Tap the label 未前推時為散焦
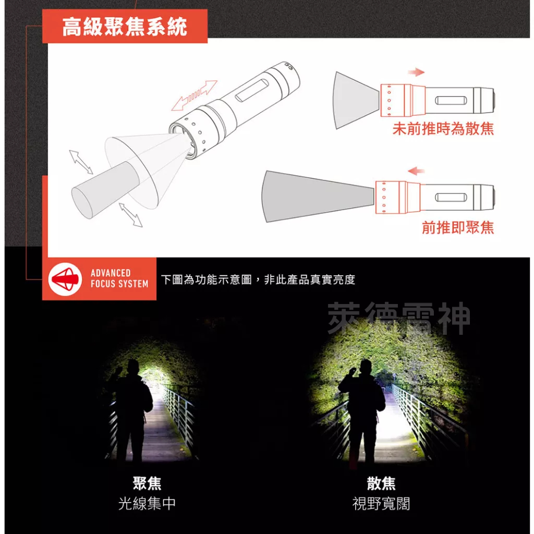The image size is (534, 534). (x=443, y=129)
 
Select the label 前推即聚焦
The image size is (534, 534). (x=457, y=227)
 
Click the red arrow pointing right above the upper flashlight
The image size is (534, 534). (x=416, y=72)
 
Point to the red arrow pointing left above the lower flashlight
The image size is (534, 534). (x=416, y=171)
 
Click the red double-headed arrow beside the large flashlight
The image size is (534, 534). (x=195, y=95)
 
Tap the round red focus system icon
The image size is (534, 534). (x=65, y=279)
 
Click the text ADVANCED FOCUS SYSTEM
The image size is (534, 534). (x=119, y=279)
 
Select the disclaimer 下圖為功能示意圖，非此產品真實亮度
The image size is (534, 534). (x=258, y=280)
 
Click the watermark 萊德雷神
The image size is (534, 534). (x=398, y=319)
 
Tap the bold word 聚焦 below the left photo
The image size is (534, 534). (x=147, y=483)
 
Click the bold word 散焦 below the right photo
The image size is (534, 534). (x=381, y=483)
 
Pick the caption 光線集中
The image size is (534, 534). (x=147, y=504)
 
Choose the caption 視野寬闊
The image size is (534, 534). (x=381, y=504)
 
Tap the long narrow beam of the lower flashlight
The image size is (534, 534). (x=318, y=196)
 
